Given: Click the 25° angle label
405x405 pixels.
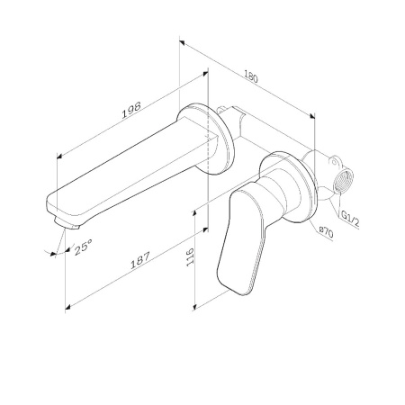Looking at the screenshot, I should (83, 244).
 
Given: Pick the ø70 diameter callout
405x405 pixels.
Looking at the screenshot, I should (326, 230).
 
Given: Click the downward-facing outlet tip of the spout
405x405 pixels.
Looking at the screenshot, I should (63, 219).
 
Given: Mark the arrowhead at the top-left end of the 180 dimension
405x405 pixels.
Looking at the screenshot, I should (182, 40).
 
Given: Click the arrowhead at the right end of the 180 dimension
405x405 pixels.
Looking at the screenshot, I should (313, 114).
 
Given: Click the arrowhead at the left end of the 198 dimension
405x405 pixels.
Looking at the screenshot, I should (59, 156).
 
